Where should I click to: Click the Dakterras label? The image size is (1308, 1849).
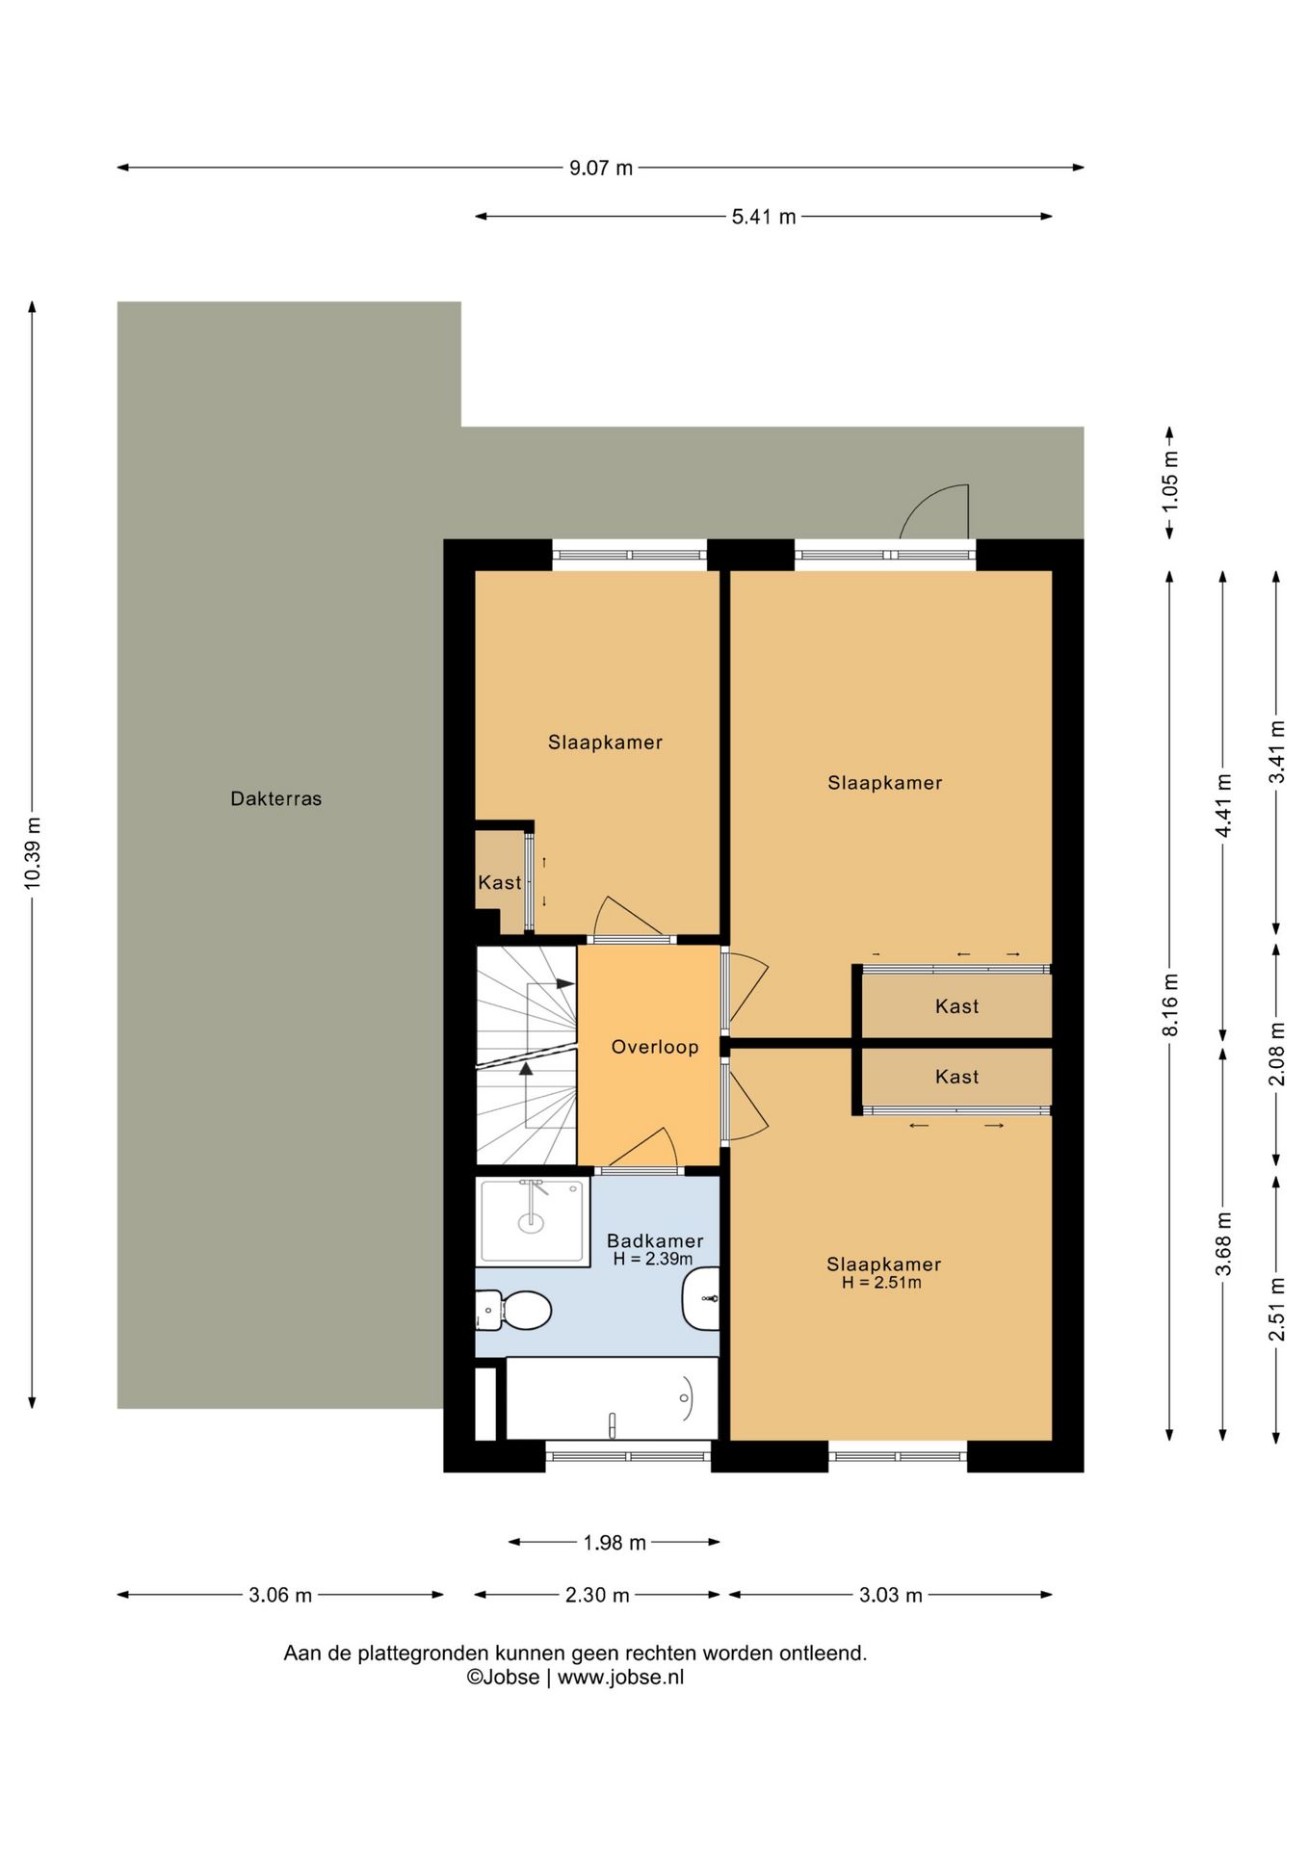click(x=275, y=798)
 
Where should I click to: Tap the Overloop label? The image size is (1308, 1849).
click(x=655, y=1047)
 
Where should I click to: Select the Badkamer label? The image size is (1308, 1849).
click(x=655, y=1241)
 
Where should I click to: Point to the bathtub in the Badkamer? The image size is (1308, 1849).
click(x=612, y=1398)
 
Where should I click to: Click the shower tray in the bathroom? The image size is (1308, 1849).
click(x=533, y=1221)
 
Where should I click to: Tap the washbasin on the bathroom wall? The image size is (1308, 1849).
click(x=701, y=1299)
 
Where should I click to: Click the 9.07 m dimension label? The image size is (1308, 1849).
click(x=601, y=169)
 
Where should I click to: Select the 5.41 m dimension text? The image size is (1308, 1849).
click(x=764, y=218)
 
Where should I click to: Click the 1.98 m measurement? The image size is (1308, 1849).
click(x=615, y=1543)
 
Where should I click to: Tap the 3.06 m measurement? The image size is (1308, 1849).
click(x=280, y=1595)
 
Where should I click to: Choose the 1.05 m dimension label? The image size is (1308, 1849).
click(x=1170, y=482)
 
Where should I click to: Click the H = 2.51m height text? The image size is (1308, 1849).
click(x=881, y=1283)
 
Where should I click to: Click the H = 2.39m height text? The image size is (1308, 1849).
click(x=653, y=1259)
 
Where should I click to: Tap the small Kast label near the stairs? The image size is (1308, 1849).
click(x=500, y=882)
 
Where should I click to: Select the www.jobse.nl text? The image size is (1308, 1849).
click(x=620, y=1677)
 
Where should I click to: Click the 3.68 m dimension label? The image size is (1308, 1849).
click(x=1223, y=1243)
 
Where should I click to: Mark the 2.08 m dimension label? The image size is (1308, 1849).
click(x=1276, y=1054)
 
